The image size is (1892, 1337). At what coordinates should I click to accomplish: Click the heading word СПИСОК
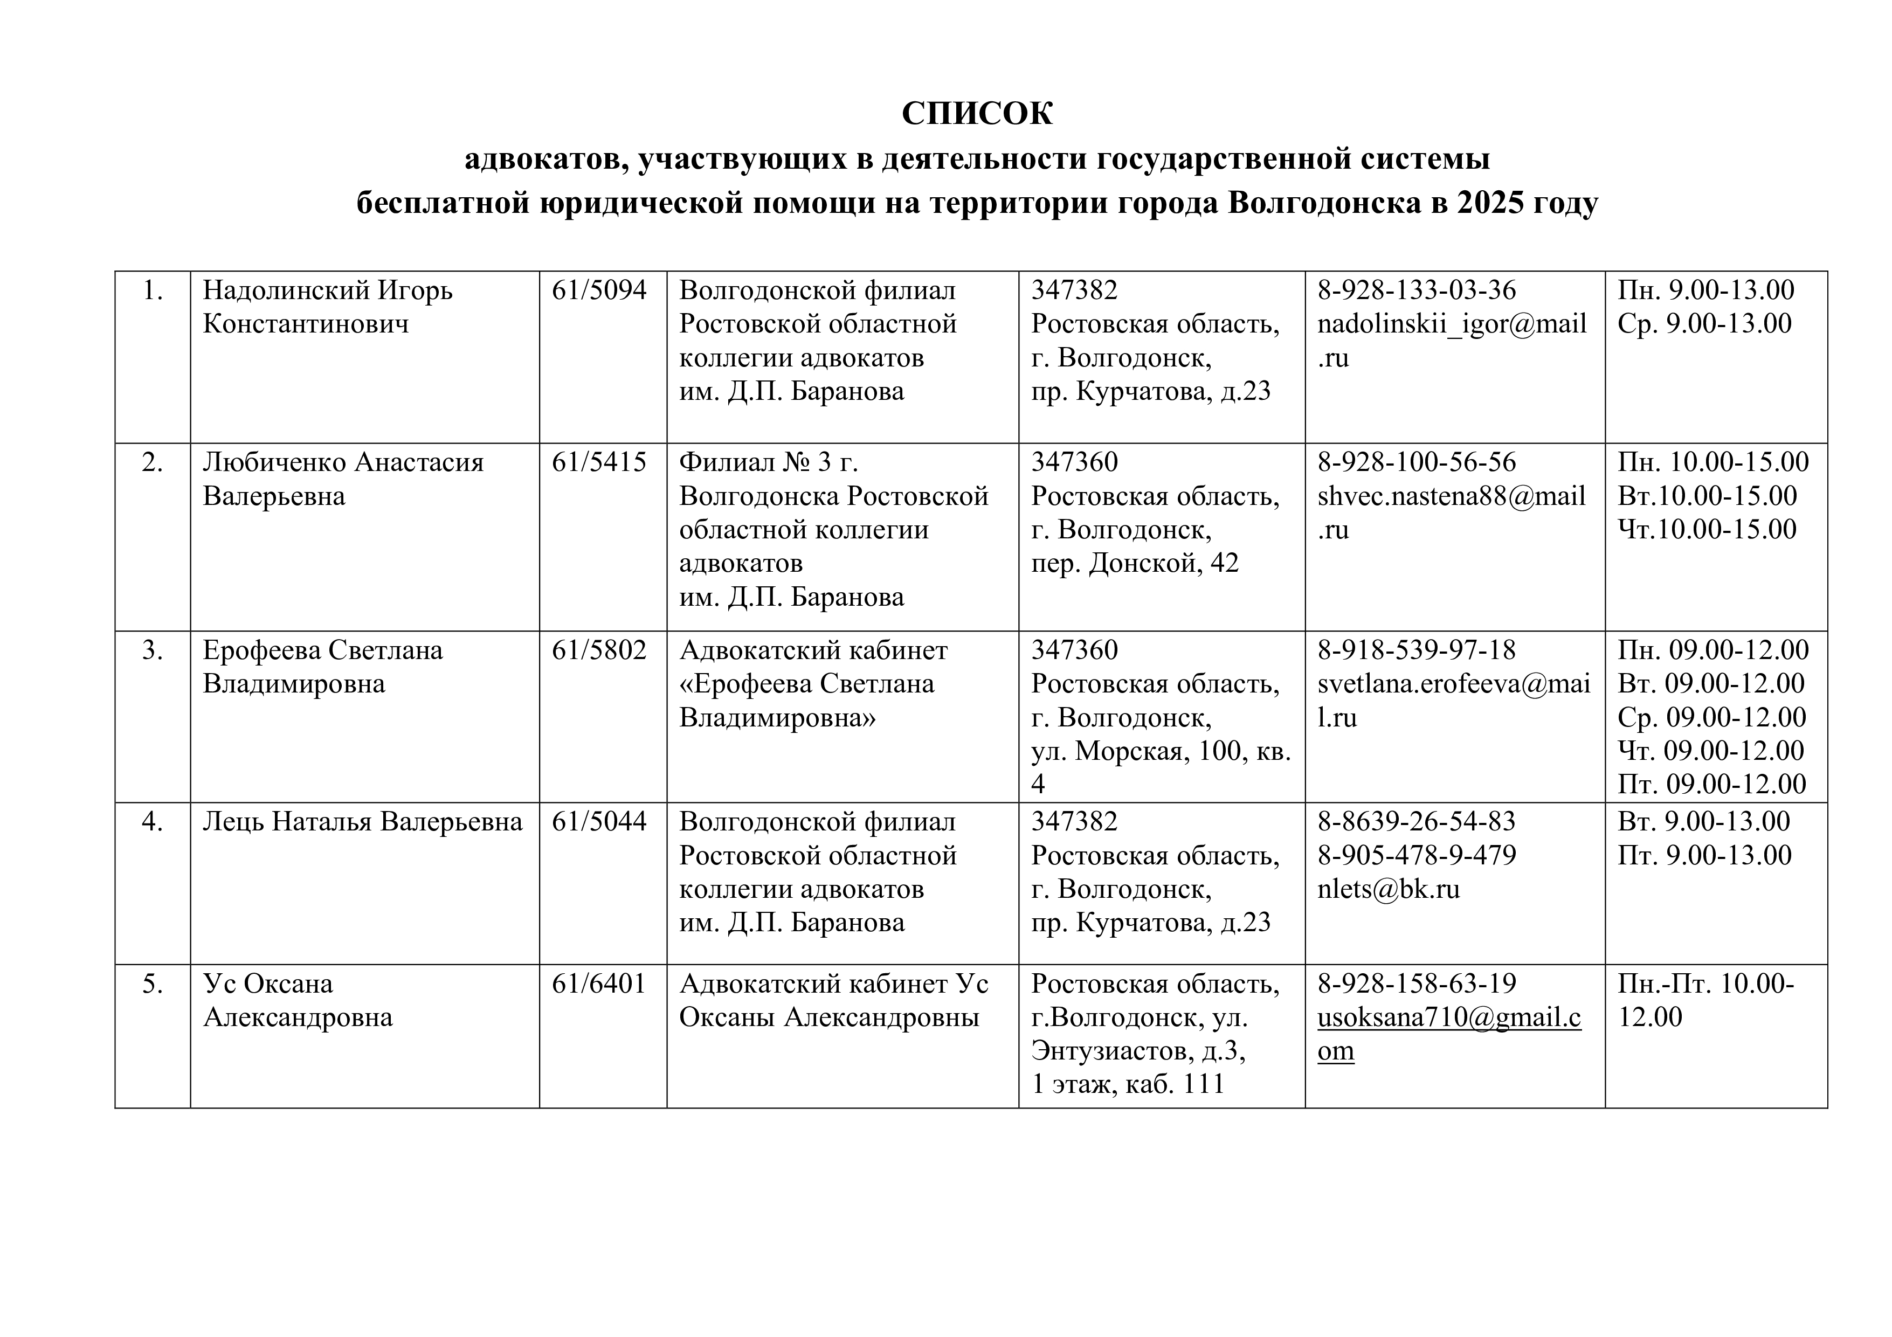point(977,114)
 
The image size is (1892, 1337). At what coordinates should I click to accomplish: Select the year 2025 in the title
point(1489,203)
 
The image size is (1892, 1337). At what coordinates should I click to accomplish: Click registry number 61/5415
point(599,462)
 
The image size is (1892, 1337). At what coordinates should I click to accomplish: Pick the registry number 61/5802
point(599,650)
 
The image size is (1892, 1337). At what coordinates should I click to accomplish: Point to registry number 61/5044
point(599,821)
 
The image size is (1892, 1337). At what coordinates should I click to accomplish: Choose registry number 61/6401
point(599,983)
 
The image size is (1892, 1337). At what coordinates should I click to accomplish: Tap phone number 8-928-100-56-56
point(1417,462)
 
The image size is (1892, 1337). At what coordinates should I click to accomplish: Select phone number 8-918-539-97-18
point(1417,650)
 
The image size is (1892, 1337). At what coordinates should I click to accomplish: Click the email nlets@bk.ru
point(1389,889)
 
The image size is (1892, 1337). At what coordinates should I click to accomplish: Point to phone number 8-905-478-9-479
point(1417,855)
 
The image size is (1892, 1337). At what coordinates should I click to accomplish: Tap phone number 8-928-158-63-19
point(1417,983)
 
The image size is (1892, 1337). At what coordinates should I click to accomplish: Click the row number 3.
point(153,650)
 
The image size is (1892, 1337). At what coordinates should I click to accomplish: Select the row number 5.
point(153,983)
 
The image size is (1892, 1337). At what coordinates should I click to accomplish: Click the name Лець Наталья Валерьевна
point(363,821)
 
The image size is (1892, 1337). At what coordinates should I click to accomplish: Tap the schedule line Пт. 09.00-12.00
point(1711,784)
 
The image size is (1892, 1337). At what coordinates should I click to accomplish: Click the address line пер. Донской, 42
point(1135,563)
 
